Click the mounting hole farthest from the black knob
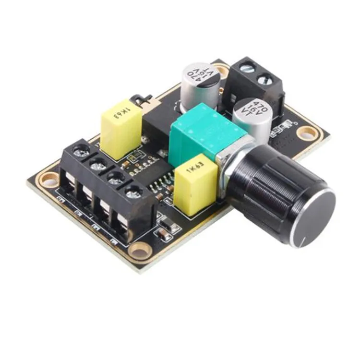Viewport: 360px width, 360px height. [48, 180]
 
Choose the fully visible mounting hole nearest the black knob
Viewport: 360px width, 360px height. [305, 132]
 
